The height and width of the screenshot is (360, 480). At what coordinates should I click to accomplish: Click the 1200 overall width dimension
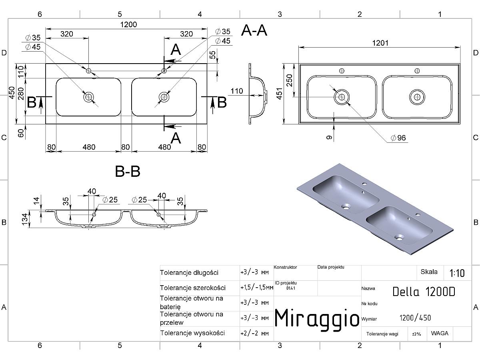tap(128, 24)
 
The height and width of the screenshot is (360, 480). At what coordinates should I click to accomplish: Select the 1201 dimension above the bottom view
tap(380, 43)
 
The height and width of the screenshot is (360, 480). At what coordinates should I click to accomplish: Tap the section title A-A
tap(254, 30)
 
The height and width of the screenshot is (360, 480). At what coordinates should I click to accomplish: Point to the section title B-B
tap(128, 171)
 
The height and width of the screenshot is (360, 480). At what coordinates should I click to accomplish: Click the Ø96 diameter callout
tap(398, 138)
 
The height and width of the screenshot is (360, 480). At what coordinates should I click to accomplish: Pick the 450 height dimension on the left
tap(12, 93)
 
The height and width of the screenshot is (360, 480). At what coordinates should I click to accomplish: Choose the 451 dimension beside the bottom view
tap(280, 94)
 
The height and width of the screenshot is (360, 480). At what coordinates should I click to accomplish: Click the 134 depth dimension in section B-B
tap(25, 219)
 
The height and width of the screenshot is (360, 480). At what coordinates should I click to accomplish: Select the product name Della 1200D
tap(424, 292)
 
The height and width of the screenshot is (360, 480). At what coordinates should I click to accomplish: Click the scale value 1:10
tap(457, 273)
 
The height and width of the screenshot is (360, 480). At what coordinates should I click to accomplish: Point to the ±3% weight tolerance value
tap(416, 334)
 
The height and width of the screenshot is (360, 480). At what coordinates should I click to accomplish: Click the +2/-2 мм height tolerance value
tap(254, 333)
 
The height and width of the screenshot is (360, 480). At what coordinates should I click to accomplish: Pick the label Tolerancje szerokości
tap(193, 288)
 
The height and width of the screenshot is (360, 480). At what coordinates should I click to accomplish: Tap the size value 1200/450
tap(415, 318)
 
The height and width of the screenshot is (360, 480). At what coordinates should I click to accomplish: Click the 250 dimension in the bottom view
tap(289, 80)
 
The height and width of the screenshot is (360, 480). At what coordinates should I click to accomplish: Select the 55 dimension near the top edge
tap(212, 55)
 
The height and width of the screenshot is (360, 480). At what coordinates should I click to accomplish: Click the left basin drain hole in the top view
tap(88, 97)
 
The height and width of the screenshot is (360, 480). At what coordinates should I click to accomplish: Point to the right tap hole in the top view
tap(164, 71)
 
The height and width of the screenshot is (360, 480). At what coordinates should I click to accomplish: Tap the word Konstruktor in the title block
tap(285, 267)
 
